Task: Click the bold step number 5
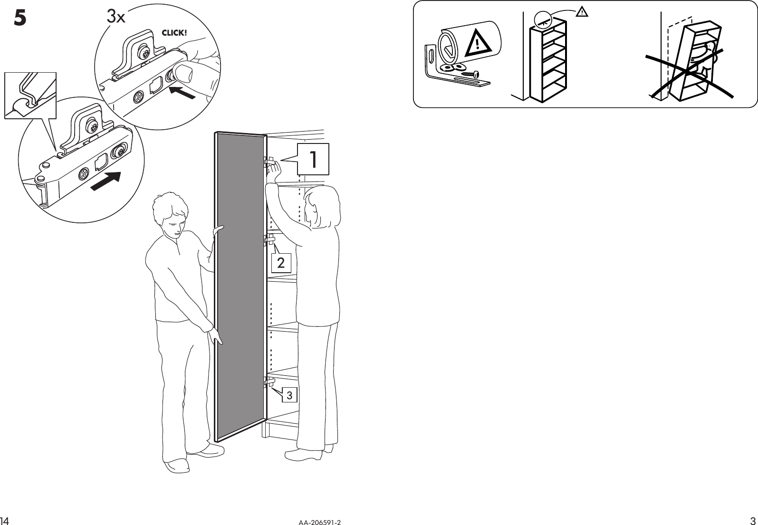19,18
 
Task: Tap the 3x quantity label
115,17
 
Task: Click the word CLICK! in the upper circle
174,33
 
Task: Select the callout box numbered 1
313,159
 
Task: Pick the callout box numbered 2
281,263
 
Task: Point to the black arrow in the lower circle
105,181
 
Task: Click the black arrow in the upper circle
182,92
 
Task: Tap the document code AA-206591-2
320,522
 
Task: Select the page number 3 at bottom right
753,519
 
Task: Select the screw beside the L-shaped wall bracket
470,74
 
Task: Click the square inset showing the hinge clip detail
30,95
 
